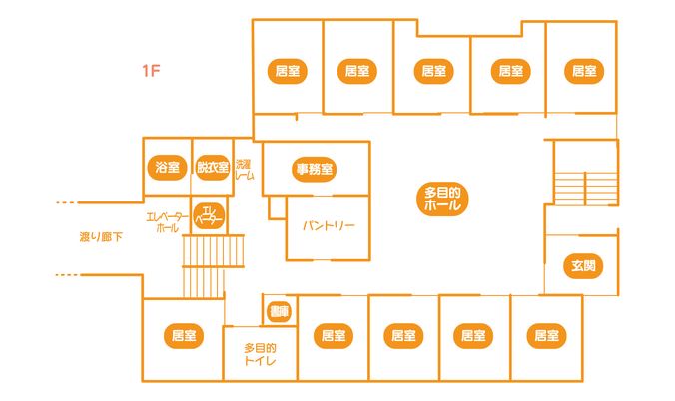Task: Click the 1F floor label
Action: pos(151,70)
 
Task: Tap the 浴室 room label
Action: pos(166,168)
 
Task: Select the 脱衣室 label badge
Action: pos(212,168)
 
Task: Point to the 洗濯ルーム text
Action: pos(244,169)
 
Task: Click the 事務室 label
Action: pos(315,170)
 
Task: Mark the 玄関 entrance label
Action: pos(583,266)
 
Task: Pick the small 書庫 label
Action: pos(278,312)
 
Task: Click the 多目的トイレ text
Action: pos(260,355)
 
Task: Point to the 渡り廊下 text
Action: pos(101,237)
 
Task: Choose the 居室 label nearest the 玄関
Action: pos(544,335)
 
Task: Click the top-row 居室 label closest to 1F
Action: pos(288,71)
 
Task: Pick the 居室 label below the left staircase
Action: pos(182,336)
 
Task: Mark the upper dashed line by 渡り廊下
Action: pos(66,203)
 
